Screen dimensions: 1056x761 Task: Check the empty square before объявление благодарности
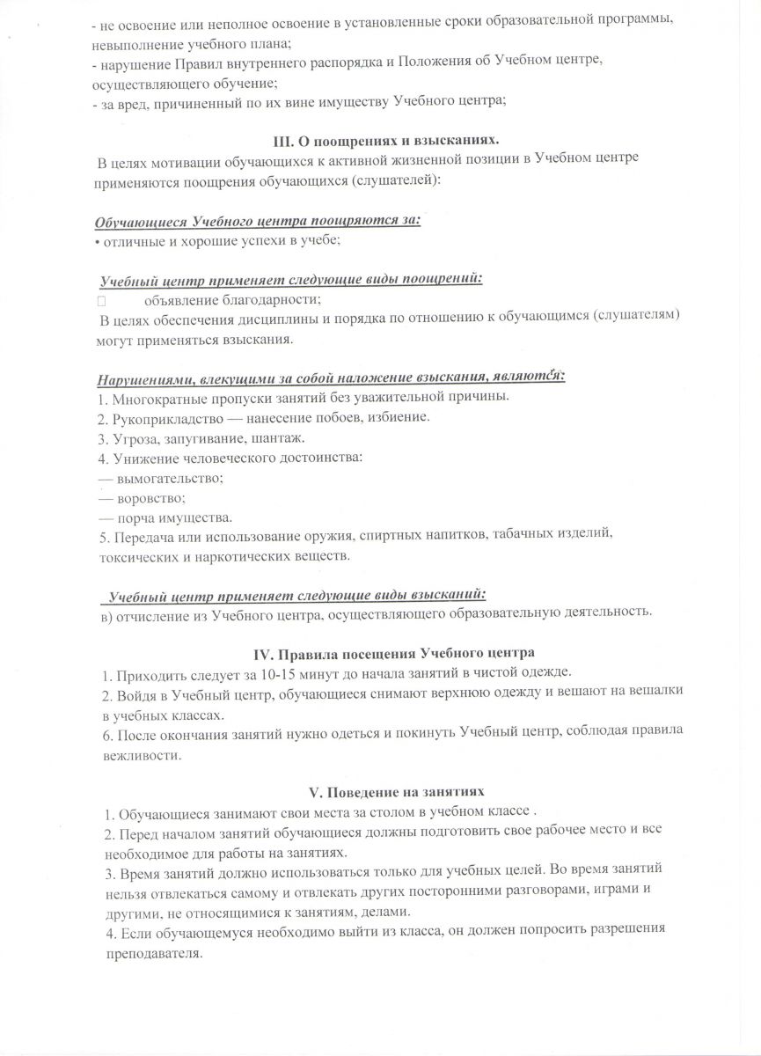pos(102,301)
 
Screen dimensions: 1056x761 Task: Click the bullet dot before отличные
pos(97,240)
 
